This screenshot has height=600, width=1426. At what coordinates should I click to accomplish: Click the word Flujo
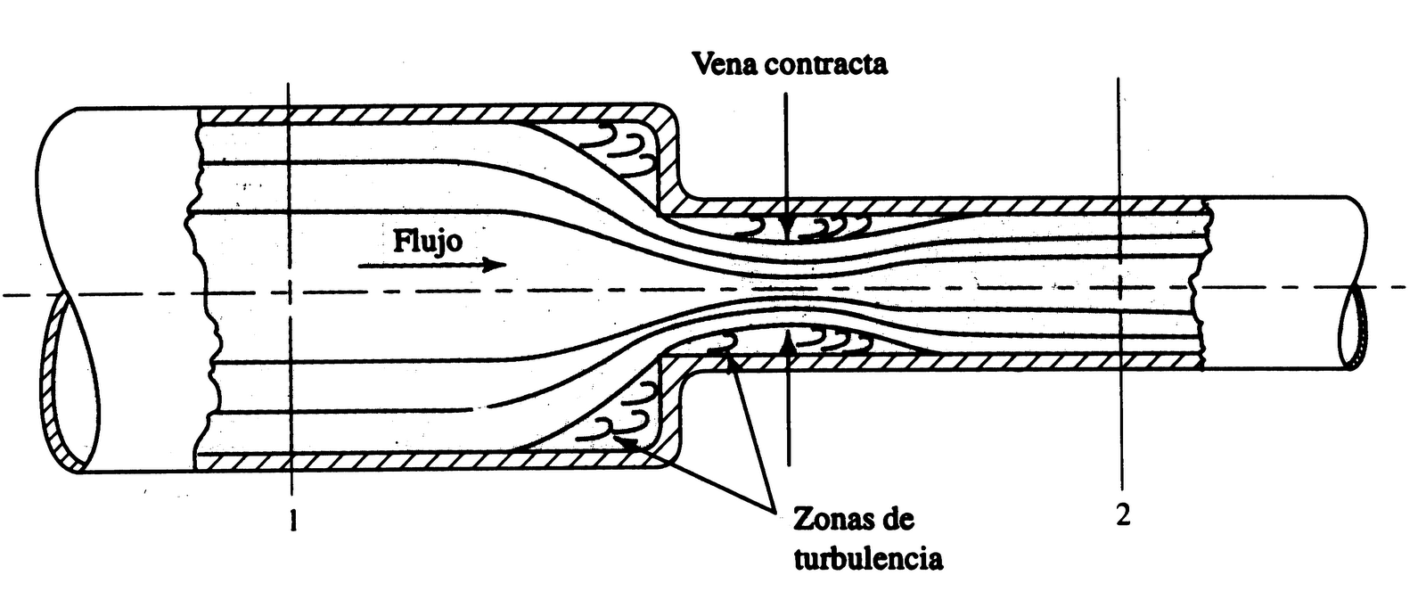tap(428, 241)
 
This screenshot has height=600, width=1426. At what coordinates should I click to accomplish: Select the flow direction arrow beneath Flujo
tap(433, 265)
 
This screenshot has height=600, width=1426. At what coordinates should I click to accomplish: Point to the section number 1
tap(292, 521)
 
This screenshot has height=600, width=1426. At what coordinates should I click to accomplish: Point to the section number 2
tap(1123, 515)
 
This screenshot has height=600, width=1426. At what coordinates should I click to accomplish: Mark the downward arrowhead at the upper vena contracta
tap(787, 227)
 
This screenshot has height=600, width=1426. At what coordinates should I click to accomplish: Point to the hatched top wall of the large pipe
tap(428, 116)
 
